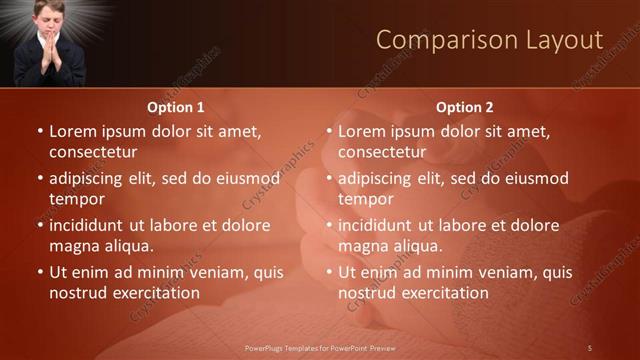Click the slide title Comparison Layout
click(489, 40)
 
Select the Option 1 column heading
click(176, 107)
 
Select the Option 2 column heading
click(465, 107)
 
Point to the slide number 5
click(590, 347)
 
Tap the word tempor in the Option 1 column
click(75, 199)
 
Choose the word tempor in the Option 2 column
click(364, 199)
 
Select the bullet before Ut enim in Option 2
click(329, 272)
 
